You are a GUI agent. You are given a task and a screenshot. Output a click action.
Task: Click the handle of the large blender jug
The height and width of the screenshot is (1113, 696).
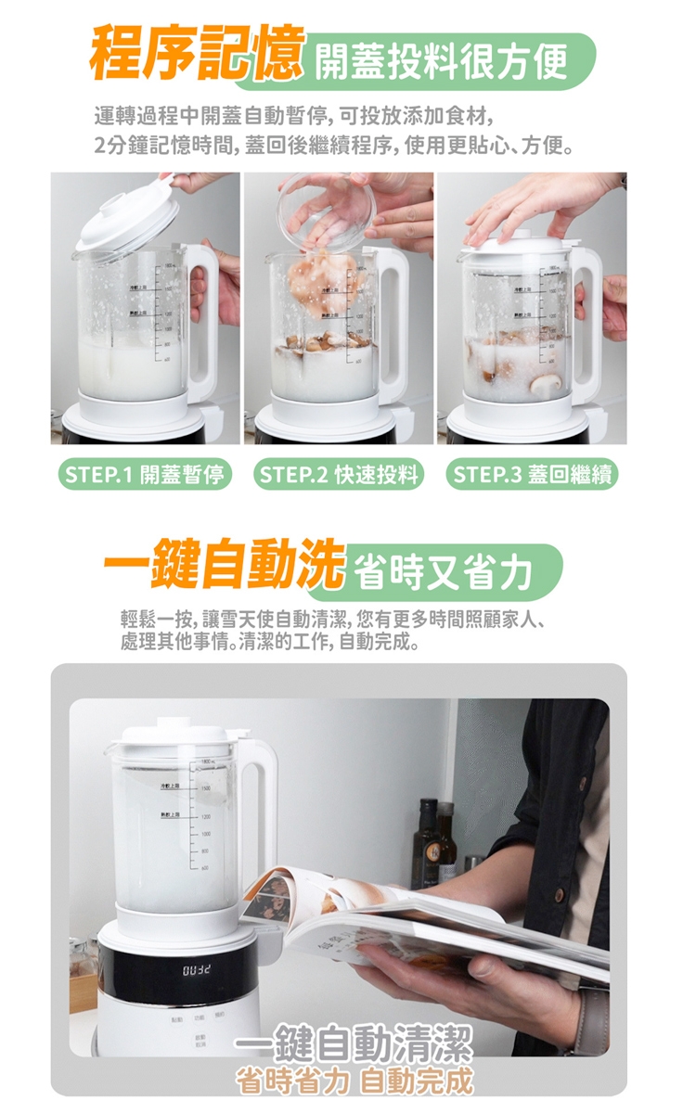[261, 807]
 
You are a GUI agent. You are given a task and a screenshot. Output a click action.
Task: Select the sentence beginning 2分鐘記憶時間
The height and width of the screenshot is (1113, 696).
[333, 146]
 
